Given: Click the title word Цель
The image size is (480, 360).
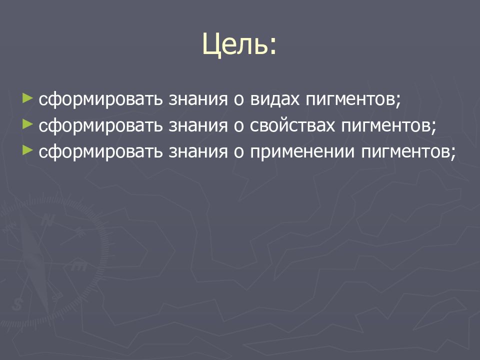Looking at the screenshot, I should (x=238, y=44).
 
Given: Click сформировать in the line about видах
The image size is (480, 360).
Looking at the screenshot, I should (x=100, y=98).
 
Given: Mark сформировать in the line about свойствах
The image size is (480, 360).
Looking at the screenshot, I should (x=100, y=125).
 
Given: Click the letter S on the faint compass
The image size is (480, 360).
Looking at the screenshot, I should (x=19, y=302).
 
